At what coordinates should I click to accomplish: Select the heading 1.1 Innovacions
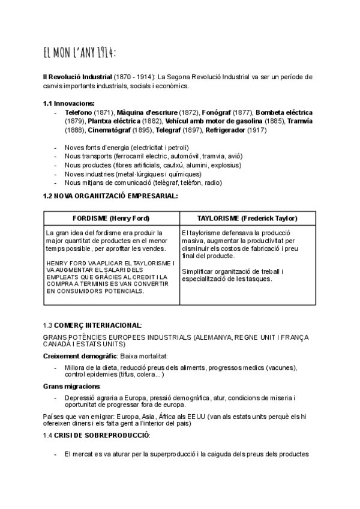[69, 103]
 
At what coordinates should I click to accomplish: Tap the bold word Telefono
[78, 112]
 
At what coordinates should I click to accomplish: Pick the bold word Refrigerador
[226, 129]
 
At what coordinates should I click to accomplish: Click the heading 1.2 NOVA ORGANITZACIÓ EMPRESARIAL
[110, 195]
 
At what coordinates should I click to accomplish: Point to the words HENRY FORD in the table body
[64, 263]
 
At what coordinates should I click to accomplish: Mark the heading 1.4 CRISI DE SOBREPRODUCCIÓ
[97, 435]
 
